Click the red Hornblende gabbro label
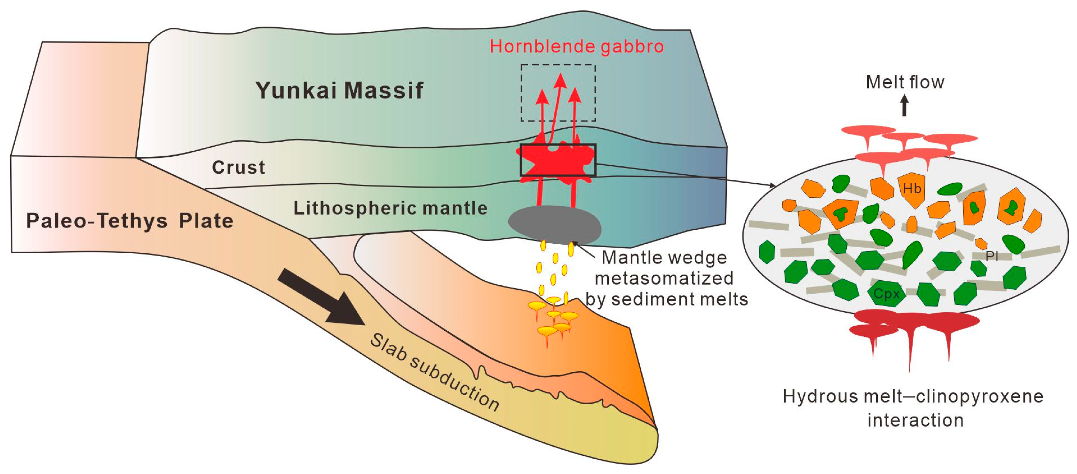click(576, 46)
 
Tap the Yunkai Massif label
click(339, 90)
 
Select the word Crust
click(238, 167)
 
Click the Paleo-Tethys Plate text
click(130, 221)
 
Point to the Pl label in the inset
click(992, 256)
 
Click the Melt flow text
click(905, 82)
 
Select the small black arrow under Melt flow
click(904, 105)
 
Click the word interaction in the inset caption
click(915, 420)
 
